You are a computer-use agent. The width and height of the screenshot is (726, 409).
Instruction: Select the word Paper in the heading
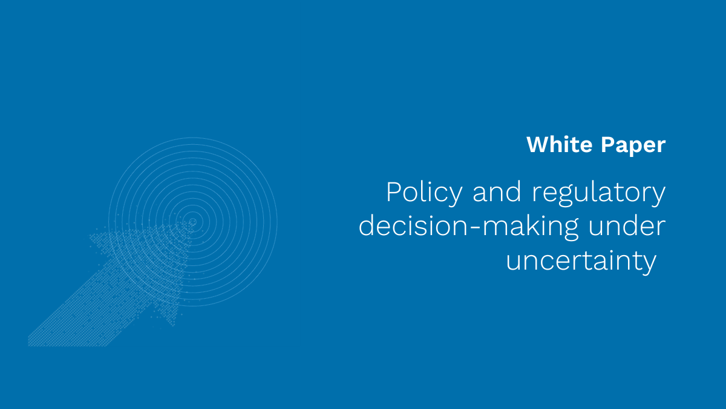[633, 146]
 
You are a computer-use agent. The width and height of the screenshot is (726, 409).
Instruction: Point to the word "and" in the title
[497, 192]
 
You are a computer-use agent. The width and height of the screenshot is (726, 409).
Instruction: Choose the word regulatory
[599, 194]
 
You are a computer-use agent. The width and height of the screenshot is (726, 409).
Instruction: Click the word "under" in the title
[627, 226]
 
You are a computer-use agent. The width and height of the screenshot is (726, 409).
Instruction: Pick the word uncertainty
[581, 262]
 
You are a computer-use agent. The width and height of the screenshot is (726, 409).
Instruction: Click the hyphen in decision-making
[474, 227]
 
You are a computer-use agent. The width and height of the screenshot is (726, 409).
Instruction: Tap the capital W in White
[538, 144]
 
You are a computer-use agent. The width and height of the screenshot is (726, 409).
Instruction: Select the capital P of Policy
[394, 192]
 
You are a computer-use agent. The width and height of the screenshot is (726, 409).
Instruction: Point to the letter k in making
[534, 225]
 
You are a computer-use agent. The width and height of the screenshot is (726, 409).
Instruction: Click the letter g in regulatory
[566, 197]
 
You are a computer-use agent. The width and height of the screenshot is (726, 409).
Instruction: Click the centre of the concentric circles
[193, 222]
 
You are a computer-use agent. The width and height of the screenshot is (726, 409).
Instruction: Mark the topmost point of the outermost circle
[193, 138]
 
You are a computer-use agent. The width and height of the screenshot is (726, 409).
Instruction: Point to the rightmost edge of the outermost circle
[278, 222]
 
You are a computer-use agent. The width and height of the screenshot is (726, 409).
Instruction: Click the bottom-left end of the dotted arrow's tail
[28, 346]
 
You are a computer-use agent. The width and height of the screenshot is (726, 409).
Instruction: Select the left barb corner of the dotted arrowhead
[90, 236]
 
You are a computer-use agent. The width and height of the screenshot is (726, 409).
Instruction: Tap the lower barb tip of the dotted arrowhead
[174, 325]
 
